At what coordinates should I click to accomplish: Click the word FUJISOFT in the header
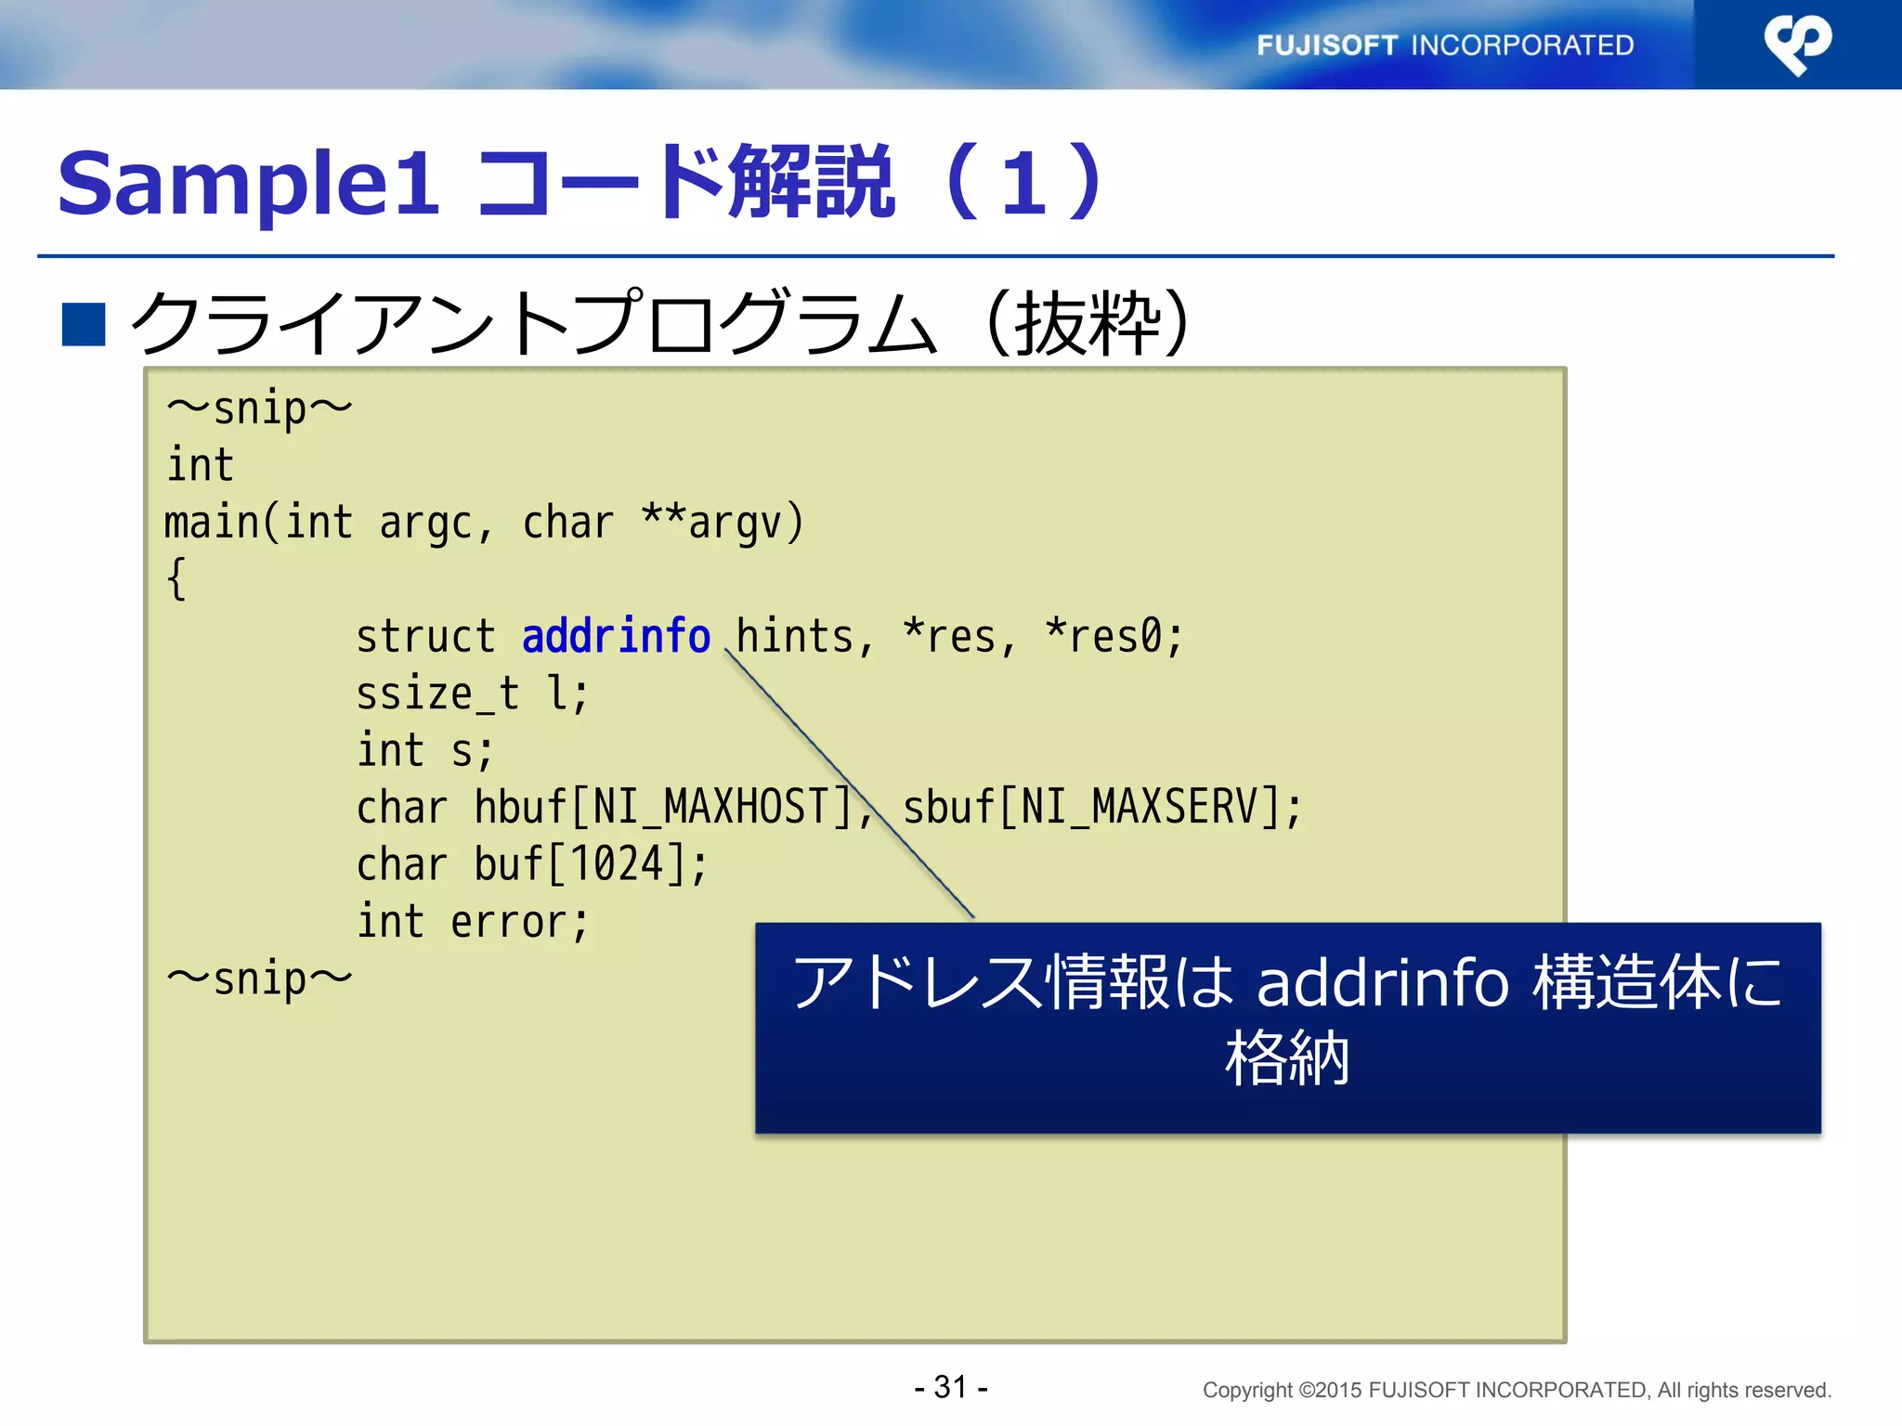click(1326, 45)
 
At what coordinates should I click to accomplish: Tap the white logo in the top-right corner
click(1797, 44)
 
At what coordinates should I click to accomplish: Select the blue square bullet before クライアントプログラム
click(84, 324)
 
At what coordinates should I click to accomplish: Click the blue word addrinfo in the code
click(616, 637)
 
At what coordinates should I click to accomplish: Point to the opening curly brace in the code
click(176, 579)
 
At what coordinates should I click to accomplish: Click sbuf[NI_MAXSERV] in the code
click(1092, 807)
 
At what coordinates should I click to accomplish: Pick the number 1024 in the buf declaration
click(617, 864)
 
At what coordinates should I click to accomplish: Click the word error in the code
click(509, 922)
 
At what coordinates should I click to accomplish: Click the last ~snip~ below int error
click(259, 979)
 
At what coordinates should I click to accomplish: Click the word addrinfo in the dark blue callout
click(1382, 982)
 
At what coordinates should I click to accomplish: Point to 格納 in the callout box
click(1287, 1058)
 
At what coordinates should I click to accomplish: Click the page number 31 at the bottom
click(951, 1387)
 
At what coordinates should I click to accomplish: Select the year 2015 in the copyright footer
click(1338, 1391)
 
